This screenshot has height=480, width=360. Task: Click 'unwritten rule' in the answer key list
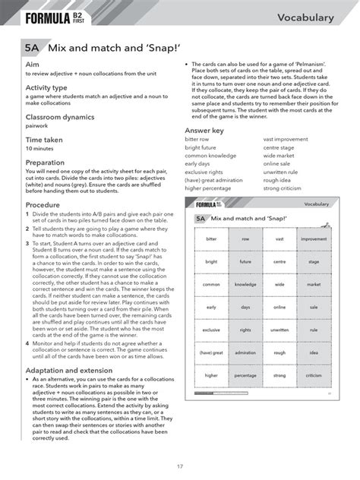tap(280, 172)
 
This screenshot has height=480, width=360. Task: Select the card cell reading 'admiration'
tap(245, 352)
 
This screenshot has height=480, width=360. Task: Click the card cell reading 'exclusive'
tap(211, 330)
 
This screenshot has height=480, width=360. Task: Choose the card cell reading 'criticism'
tap(313, 375)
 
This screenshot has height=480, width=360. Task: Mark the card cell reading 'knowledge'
tap(245, 284)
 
